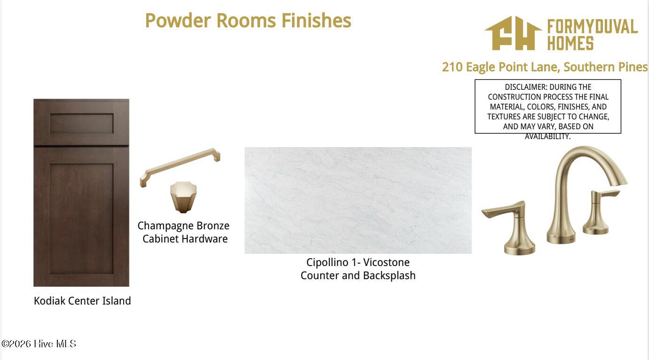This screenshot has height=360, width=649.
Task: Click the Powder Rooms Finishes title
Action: [248, 21]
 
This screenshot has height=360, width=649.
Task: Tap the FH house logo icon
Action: [513, 33]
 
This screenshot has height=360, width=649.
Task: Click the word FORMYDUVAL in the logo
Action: [593, 27]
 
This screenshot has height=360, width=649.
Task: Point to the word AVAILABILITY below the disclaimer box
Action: [547, 136]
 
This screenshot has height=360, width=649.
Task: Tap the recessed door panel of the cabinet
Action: [81, 219]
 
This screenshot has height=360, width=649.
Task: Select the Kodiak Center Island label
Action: [82, 301]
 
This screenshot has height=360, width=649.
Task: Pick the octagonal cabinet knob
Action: [183, 197]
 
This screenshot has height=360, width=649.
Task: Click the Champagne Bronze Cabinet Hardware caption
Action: [183, 232]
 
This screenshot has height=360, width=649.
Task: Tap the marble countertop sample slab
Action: [358, 200]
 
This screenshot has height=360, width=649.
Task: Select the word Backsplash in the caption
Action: [389, 275]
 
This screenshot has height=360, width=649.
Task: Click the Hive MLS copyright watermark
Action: [39, 344]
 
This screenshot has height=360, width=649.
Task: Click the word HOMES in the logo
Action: [570, 43]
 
